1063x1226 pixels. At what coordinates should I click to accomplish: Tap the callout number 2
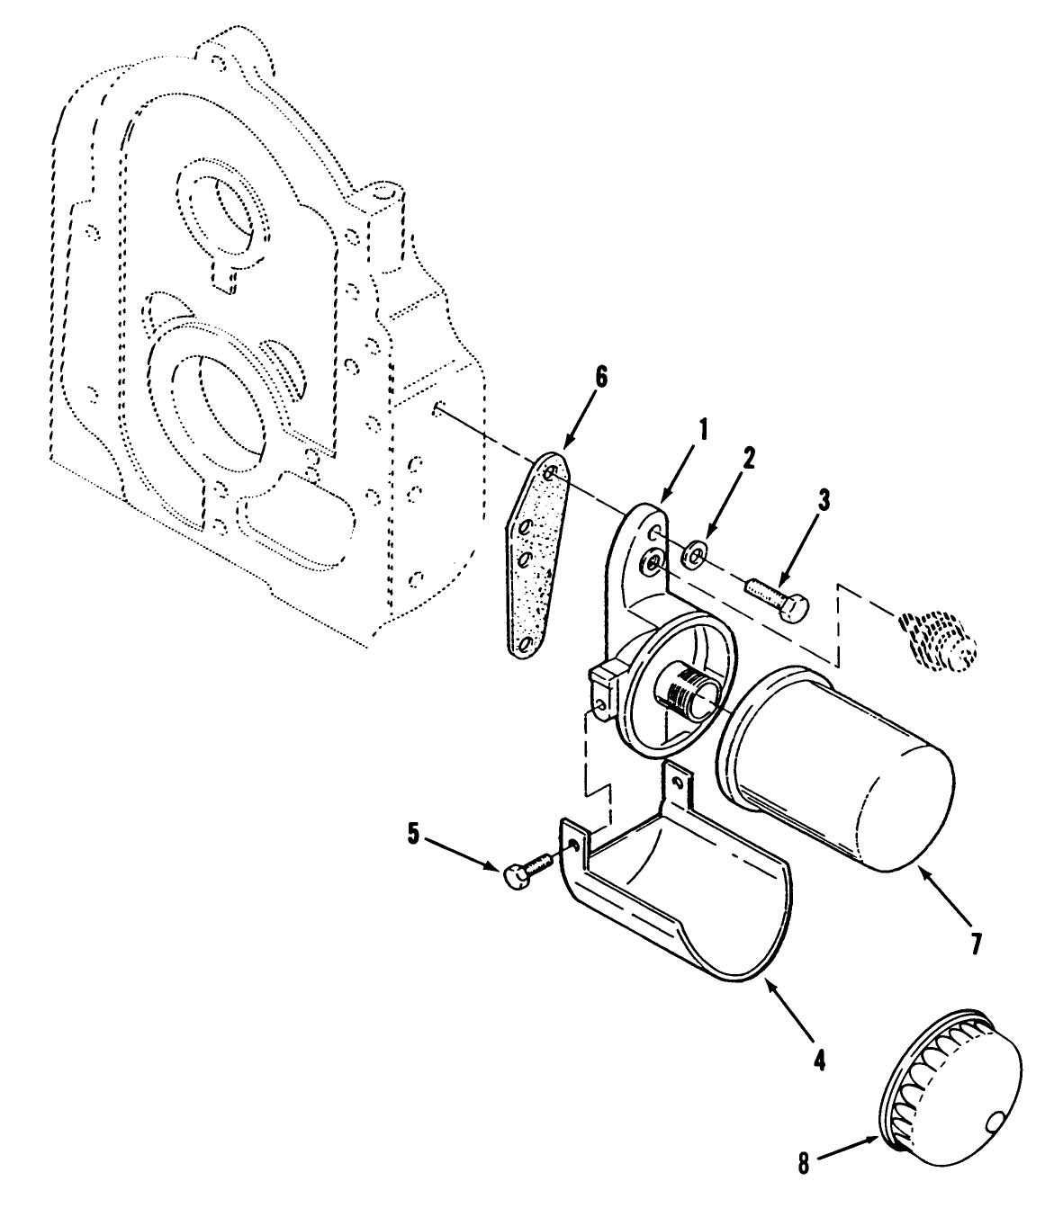click(749, 457)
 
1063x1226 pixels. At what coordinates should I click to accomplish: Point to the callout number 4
click(818, 1060)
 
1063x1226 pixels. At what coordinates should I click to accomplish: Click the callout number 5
click(413, 833)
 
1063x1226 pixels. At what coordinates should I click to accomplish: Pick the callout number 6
click(599, 377)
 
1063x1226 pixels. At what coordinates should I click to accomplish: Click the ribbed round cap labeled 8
click(954, 1088)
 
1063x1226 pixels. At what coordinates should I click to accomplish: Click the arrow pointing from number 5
click(464, 853)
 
